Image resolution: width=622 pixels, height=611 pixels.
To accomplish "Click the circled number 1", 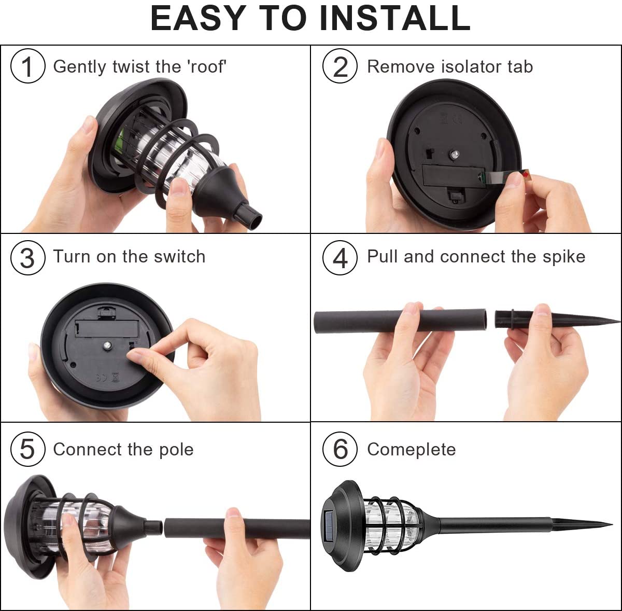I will click(x=28, y=67).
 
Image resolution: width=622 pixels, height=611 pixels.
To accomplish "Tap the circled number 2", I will click(x=340, y=67).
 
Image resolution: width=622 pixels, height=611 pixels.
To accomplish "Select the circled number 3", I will click(x=28, y=258).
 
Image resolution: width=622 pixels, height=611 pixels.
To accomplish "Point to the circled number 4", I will click(x=340, y=258).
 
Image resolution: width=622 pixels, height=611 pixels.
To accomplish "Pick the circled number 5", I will click(x=28, y=449).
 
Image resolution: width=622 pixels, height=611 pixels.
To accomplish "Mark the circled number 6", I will click(x=340, y=449).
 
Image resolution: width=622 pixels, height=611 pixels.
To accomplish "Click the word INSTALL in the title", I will click(x=394, y=18).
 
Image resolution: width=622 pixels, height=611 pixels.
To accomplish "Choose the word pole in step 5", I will click(x=176, y=450).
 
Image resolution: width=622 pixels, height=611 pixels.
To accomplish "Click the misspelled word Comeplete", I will click(x=411, y=450).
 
